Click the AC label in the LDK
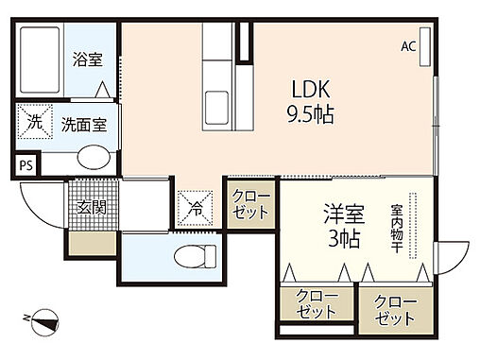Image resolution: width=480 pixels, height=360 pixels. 408,45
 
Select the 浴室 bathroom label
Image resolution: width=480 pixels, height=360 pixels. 88,59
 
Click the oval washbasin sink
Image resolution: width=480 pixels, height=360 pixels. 92,157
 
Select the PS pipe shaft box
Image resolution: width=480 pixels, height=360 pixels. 25,164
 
